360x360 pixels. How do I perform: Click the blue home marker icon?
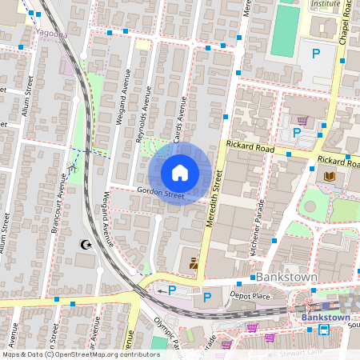pyautogui.click(x=180, y=172)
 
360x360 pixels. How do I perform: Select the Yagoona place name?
pyautogui.click(x=53, y=34)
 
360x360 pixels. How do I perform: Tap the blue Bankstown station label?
pyautogui.click(x=326, y=317)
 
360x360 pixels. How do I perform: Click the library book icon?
pyautogui.click(x=328, y=175)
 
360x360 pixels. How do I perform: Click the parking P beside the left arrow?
pyautogui.click(x=171, y=290)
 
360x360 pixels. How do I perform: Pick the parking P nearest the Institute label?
pyautogui.click(x=316, y=54)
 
